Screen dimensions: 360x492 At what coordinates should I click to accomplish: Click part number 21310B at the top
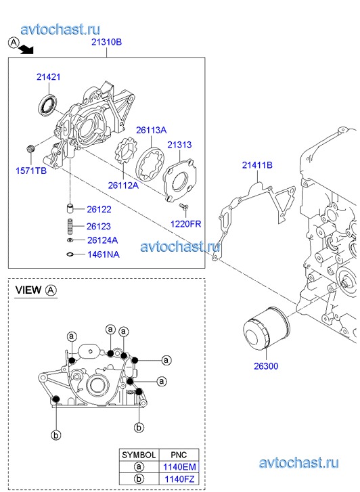(106, 42)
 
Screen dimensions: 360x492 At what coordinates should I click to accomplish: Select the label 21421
(48, 77)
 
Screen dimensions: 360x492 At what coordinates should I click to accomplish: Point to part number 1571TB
(31, 171)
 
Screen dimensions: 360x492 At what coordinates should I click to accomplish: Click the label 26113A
(151, 130)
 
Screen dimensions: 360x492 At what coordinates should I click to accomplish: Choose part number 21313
(179, 145)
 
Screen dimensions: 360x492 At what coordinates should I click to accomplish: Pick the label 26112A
(123, 185)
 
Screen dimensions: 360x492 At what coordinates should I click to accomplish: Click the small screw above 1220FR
(183, 206)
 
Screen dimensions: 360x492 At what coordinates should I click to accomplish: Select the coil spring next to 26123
(70, 226)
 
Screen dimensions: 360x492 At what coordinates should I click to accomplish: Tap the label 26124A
(102, 240)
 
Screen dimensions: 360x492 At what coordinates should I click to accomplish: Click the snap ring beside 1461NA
(70, 254)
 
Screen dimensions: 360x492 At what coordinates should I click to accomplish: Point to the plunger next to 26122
(70, 208)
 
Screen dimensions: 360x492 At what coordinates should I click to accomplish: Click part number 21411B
(257, 165)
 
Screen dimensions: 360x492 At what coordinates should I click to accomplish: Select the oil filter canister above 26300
(267, 328)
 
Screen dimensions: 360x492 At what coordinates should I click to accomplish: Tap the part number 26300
(266, 366)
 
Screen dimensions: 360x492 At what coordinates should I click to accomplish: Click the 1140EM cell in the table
(179, 467)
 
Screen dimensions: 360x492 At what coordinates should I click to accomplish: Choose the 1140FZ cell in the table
(179, 479)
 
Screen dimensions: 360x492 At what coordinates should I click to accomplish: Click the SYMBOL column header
(139, 455)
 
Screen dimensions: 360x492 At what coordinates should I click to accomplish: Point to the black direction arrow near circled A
(26, 49)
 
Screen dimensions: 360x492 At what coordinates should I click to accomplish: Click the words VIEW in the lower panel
(28, 290)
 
